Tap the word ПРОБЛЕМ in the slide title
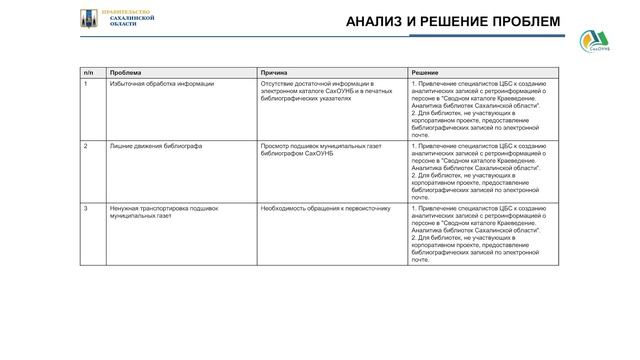pos(520,22)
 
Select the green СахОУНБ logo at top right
pos(599,43)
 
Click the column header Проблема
pos(126,72)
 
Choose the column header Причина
pos(275,72)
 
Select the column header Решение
pos(424,72)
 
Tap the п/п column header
pos(88,72)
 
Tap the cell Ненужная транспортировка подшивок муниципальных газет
pos(164,212)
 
